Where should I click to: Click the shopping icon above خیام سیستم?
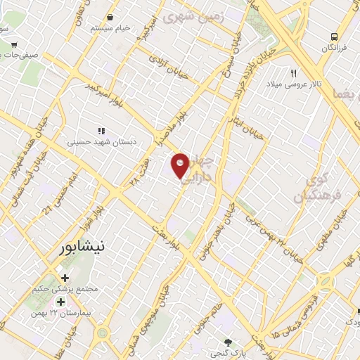[x=110, y=18]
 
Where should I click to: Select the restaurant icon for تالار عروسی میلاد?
[x=294, y=72]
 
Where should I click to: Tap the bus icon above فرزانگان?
[x=335, y=36]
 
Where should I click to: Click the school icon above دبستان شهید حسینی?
[x=101, y=130]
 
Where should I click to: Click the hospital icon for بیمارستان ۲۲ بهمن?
[x=60, y=302]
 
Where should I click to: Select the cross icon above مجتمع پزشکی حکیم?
[x=65, y=278]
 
